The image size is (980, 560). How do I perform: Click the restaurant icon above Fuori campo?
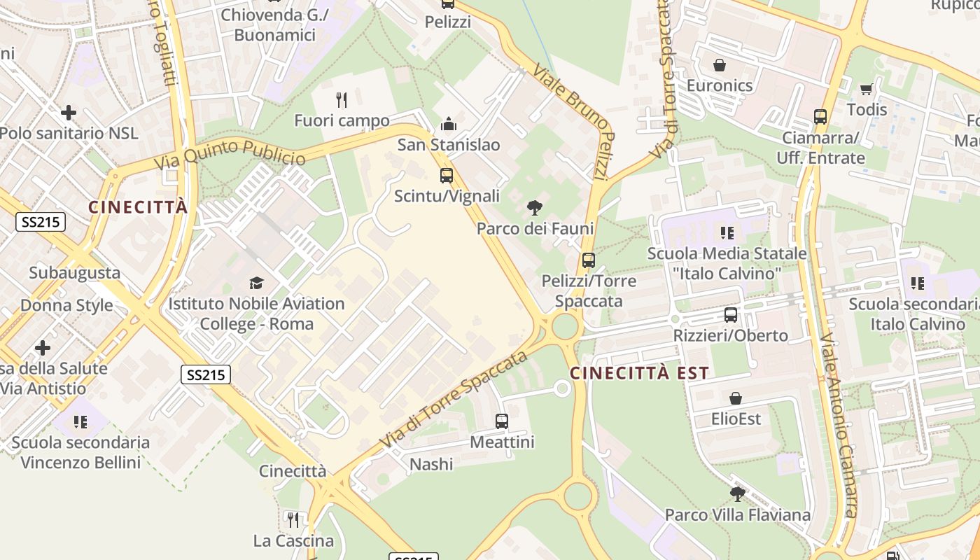click(x=342, y=100)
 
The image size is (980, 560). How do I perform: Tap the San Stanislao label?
click(x=449, y=145)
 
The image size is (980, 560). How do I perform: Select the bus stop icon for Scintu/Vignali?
click(x=447, y=176)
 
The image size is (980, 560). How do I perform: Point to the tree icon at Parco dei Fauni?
click(x=535, y=208)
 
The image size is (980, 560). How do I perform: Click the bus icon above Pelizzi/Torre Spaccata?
click(x=589, y=260)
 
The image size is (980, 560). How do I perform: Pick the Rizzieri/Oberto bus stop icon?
click(x=731, y=315)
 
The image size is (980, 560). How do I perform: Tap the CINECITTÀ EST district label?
click(x=639, y=373)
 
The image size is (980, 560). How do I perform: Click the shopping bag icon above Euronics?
click(x=720, y=66)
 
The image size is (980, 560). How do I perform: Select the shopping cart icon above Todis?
click(x=867, y=89)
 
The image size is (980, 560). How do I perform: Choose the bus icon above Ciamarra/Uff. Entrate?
click(x=820, y=117)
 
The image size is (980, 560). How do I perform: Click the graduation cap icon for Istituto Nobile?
click(x=256, y=283)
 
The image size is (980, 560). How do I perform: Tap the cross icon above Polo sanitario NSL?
click(x=69, y=112)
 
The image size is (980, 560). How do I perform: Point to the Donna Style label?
click(x=66, y=305)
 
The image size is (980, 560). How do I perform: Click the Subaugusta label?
click(x=74, y=272)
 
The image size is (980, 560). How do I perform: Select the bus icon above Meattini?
click(x=502, y=421)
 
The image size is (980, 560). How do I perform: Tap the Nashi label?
click(x=431, y=464)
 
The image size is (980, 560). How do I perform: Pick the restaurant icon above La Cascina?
click(x=293, y=519)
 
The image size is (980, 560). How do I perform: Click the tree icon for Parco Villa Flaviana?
click(x=737, y=494)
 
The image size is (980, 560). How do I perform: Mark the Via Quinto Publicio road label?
click(x=230, y=153)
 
